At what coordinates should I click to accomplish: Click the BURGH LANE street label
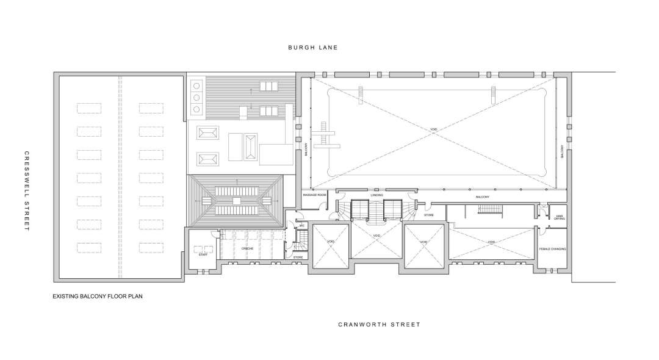click(x=313, y=47)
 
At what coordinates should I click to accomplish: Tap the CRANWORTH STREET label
click(x=379, y=325)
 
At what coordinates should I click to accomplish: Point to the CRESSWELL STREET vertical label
click(x=26, y=191)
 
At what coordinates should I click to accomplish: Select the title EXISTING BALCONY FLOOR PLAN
click(x=98, y=297)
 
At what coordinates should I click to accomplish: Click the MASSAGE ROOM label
click(x=315, y=195)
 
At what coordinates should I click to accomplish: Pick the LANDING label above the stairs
click(x=376, y=195)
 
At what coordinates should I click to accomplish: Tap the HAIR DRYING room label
click(x=559, y=217)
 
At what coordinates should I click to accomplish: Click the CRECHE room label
click(x=247, y=249)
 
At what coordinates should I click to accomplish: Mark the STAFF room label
click(x=203, y=254)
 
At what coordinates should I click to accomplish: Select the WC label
click(x=301, y=226)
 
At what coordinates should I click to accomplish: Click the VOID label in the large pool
click(x=434, y=129)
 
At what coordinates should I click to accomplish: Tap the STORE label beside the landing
click(x=429, y=215)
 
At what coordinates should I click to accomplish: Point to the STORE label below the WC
click(x=298, y=257)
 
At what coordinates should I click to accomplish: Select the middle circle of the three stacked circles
click(x=196, y=98)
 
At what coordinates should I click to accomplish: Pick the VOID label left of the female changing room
click(x=492, y=242)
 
